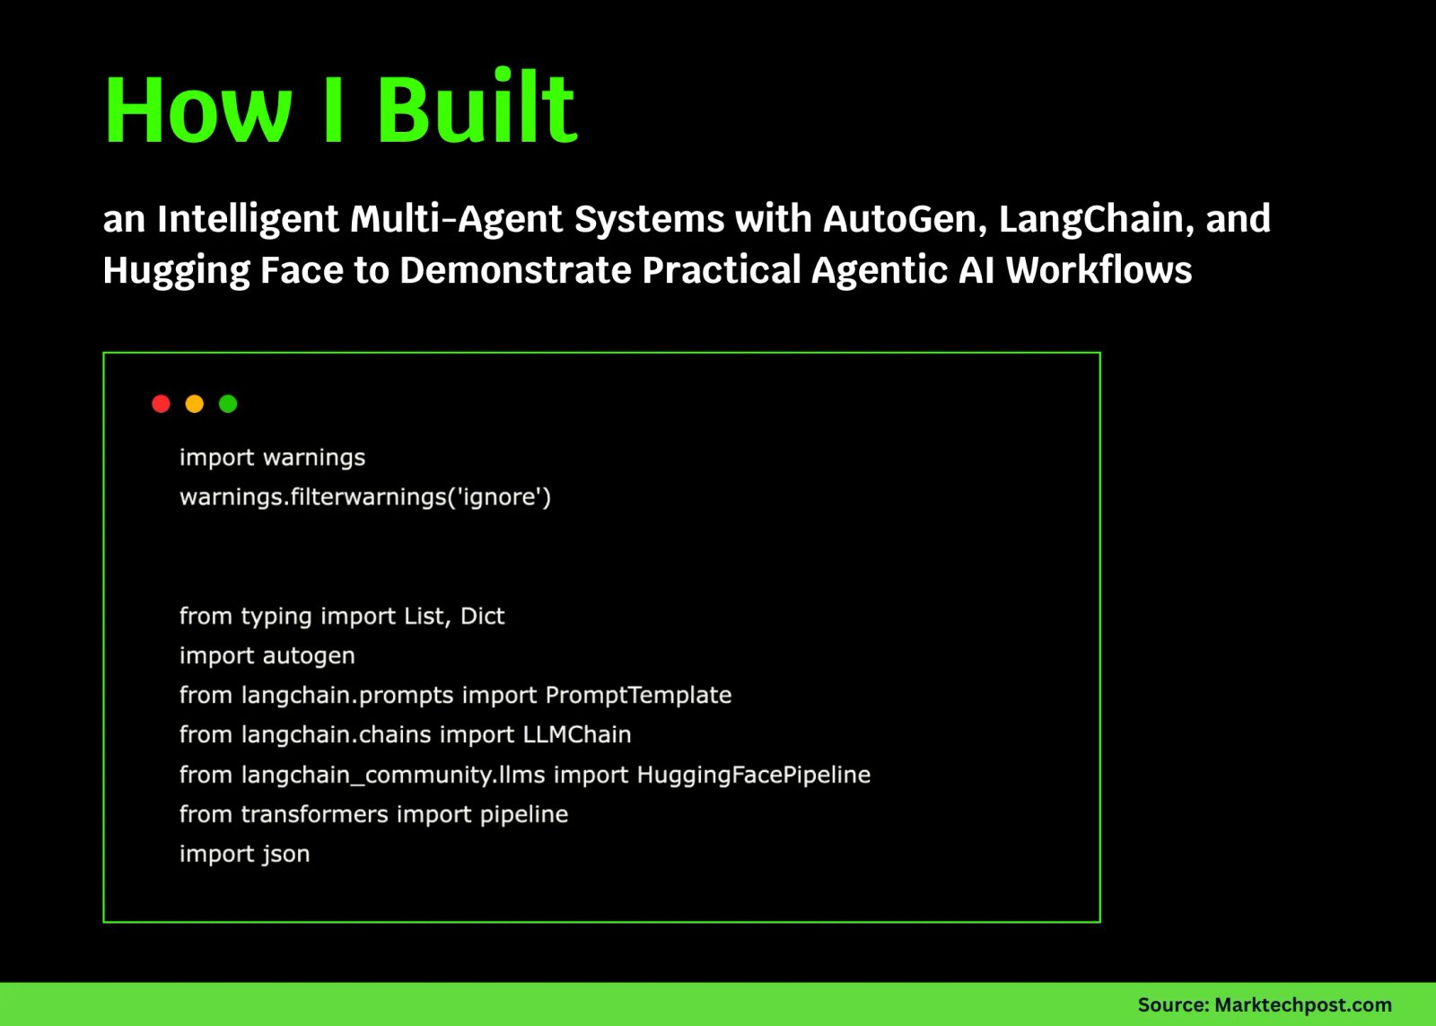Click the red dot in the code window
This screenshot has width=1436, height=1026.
(x=161, y=403)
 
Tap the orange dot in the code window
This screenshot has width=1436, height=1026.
(x=194, y=403)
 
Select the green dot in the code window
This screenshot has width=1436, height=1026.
(x=228, y=403)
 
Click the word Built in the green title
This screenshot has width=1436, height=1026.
(x=477, y=106)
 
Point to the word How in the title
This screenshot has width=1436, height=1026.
(x=198, y=109)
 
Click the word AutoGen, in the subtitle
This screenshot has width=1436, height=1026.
(x=906, y=219)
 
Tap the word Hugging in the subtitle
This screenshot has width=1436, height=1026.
(x=176, y=270)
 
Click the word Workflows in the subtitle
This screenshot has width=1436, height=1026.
(x=1099, y=268)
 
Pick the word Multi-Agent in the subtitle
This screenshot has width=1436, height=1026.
(x=456, y=219)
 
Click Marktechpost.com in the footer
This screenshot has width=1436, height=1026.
(x=1302, y=1004)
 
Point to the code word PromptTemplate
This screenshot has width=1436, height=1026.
(x=638, y=695)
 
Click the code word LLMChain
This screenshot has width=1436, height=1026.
(x=577, y=734)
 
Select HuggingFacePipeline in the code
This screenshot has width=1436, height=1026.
(x=754, y=775)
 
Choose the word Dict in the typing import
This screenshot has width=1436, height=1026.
(x=483, y=616)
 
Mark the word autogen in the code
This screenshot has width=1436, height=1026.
(x=309, y=656)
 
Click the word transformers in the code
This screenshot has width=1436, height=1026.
(x=315, y=814)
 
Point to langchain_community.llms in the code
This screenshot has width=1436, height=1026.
(x=393, y=776)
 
